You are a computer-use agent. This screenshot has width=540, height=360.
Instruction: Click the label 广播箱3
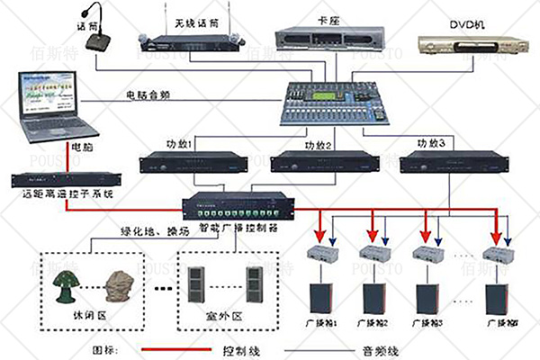(425, 323)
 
